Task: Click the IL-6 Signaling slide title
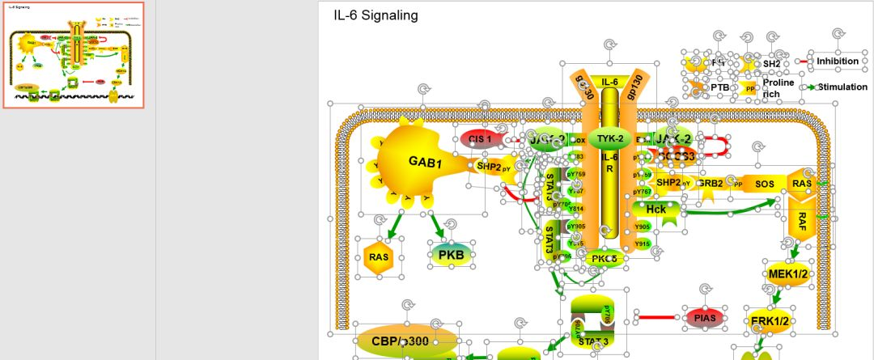click(375, 15)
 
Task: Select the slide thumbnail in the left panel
click(73, 55)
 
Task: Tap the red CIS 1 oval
click(486, 139)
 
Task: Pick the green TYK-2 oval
click(609, 139)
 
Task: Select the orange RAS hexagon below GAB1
click(379, 257)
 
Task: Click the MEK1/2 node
click(787, 274)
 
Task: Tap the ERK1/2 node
click(770, 321)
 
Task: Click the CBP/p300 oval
click(405, 342)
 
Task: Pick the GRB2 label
click(710, 184)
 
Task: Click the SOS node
click(764, 184)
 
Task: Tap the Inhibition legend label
click(837, 61)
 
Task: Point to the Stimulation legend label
click(842, 87)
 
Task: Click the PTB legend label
click(720, 87)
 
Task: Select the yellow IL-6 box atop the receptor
click(609, 82)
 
